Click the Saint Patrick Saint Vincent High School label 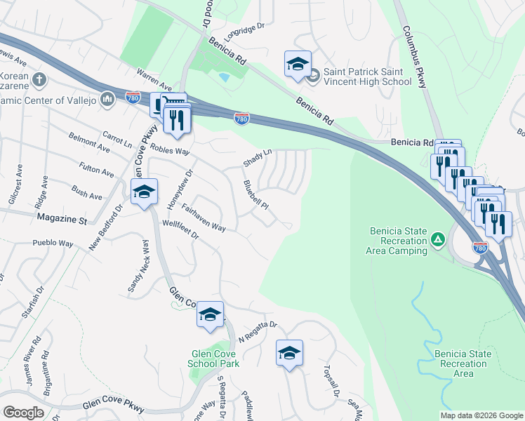click(x=367, y=77)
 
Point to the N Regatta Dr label click(x=258, y=331)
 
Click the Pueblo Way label click(x=53, y=243)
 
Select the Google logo click(x=23, y=413)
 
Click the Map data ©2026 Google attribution click(x=481, y=415)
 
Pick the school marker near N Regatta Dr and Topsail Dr click(x=288, y=354)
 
